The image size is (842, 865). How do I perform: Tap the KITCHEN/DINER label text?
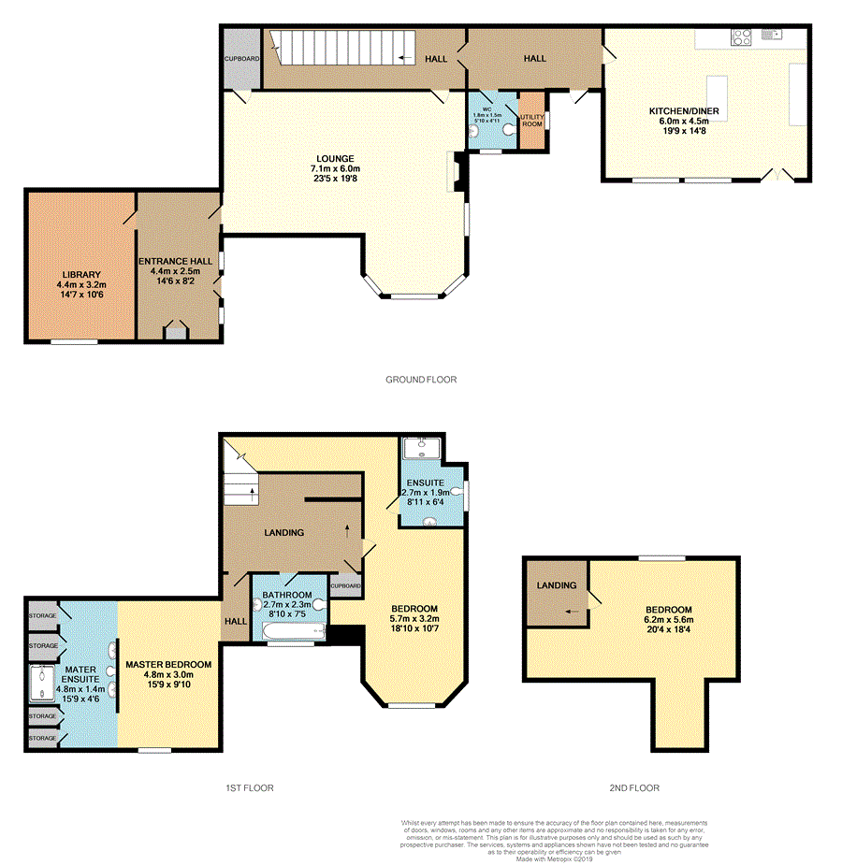[x=684, y=111]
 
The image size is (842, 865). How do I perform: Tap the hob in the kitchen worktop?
[x=742, y=37]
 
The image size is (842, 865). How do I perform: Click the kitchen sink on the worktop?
[x=772, y=35]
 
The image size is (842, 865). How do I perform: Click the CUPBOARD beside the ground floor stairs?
[x=240, y=58]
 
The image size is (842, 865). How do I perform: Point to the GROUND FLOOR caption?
[x=421, y=380]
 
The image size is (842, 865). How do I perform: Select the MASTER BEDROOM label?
[x=168, y=664]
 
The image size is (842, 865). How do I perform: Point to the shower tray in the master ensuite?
[x=41, y=684]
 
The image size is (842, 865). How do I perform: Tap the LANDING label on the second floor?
[x=555, y=585]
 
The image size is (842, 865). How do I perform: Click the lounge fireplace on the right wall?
[x=457, y=174]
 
